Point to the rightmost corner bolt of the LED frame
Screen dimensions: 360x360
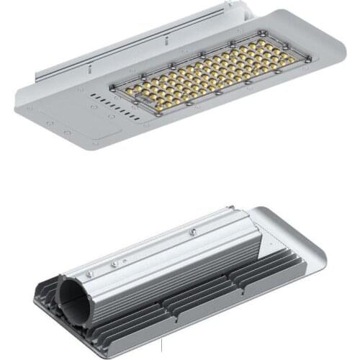[x=310, y=58]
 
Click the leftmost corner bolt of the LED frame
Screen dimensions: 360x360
[x=112, y=88]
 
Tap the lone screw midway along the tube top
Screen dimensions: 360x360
[x=192, y=232]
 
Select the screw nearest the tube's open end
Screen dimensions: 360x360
[x=89, y=274]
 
